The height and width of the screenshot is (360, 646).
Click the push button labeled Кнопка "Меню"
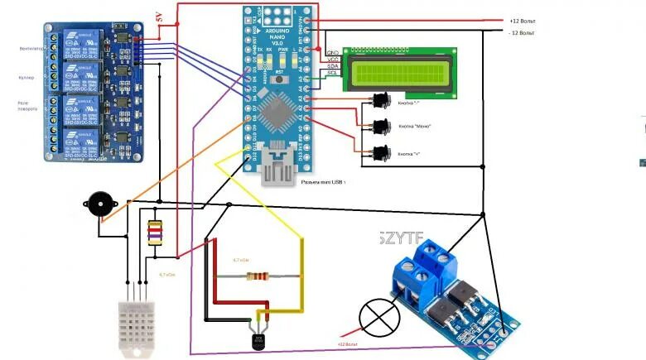tap(381, 127)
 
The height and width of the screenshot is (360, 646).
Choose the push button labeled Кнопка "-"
tap(381, 100)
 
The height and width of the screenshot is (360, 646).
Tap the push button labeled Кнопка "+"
tap(381, 153)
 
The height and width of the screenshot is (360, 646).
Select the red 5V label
tap(161, 17)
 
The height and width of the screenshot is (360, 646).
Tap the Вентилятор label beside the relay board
tap(31, 49)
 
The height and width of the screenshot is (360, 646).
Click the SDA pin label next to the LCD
tap(333, 65)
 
